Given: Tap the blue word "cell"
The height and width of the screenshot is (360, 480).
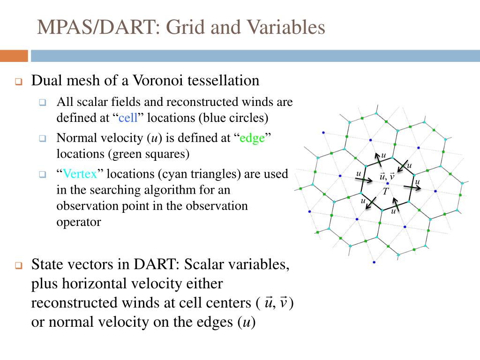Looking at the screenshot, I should pyautogui.click(x=128, y=117).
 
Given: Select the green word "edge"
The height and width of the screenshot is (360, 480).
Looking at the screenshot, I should pyautogui.click(x=252, y=138).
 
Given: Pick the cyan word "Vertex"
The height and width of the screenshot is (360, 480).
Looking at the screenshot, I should pyautogui.click(x=80, y=174).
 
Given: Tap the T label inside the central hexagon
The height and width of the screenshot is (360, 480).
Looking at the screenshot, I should pyautogui.click(x=385, y=192).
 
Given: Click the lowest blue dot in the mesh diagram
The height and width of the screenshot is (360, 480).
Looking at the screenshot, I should pyautogui.click(x=374, y=262).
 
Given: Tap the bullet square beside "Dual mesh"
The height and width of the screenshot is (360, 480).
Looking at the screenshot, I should pyautogui.click(x=19, y=82).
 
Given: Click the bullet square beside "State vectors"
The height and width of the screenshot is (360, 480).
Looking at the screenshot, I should pyautogui.click(x=19, y=266).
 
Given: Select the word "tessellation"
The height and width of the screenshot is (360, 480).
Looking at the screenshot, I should pyautogui.click(x=223, y=81).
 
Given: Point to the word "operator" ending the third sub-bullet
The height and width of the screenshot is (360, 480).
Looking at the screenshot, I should pyautogui.click(x=78, y=222).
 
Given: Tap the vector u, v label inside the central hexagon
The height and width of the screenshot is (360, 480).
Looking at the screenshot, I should pyautogui.click(x=387, y=176).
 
